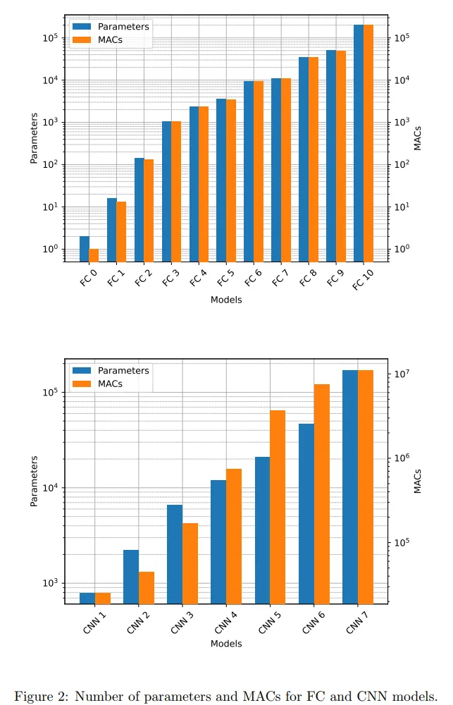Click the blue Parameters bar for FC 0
coord(85,249)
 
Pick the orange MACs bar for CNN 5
coord(278,507)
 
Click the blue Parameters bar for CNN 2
coord(131,577)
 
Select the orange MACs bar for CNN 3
coord(190,563)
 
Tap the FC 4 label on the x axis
coord(198,277)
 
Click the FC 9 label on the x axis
coord(335,277)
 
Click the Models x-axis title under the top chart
coord(226,300)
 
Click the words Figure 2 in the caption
coord(41,697)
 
